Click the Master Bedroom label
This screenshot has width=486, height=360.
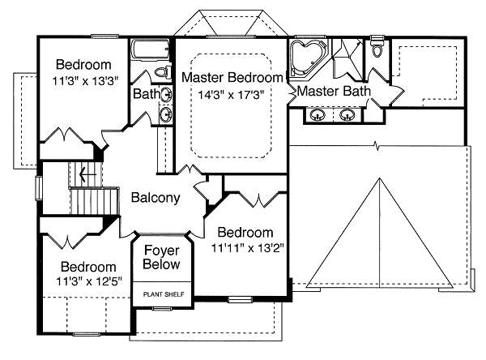click(232, 78)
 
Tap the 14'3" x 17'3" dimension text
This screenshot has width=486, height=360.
click(232, 94)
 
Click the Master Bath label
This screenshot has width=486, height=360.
click(334, 92)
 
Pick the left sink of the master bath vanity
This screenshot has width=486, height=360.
click(317, 116)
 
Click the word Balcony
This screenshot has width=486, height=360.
click(155, 197)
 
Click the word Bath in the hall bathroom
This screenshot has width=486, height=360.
click(147, 95)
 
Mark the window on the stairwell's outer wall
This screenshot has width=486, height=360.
click(38, 186)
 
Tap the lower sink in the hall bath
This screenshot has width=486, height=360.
click(167, 114)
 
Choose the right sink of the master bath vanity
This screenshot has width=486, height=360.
click(349, 116)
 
